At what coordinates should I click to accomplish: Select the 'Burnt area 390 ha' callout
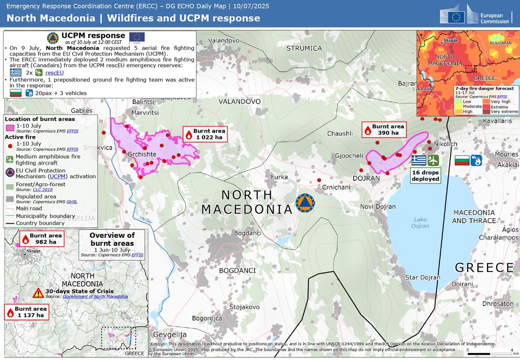(384, 130)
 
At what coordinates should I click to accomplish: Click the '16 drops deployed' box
(426, 175)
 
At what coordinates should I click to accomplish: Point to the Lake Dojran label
(420, 223)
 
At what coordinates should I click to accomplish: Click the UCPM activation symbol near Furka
(305, 202)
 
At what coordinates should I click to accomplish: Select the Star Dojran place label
(422, 277)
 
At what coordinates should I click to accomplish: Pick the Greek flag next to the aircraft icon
(418, 161)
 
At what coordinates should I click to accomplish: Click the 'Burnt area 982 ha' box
(42, 239)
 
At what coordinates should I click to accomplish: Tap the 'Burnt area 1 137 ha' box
(26, 312)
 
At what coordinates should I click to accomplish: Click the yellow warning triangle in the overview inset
(39, 293)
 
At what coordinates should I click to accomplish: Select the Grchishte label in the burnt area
(143, 153)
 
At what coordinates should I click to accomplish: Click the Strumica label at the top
(304, 48)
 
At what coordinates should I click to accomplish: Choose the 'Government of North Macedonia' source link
(95, 297)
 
